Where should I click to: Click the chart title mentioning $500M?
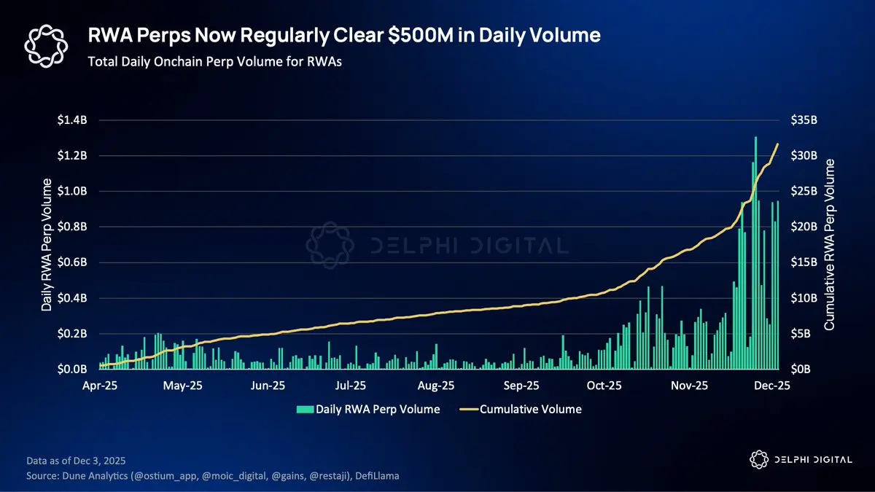pos(344,35)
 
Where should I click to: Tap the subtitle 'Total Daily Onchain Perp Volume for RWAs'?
pos(214,61)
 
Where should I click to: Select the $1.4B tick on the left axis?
pos(72,120)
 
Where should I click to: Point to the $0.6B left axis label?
pos(72,262)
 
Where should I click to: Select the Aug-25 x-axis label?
pos(437,385)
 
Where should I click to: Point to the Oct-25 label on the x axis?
pos(604,385)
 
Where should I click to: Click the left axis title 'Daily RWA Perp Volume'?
pos(47,245)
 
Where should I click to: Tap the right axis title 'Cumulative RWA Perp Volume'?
pos(830,245)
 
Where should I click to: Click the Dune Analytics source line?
pos(211,475)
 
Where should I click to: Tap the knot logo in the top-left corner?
pos(46,44)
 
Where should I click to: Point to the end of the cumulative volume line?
pos(778,144)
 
